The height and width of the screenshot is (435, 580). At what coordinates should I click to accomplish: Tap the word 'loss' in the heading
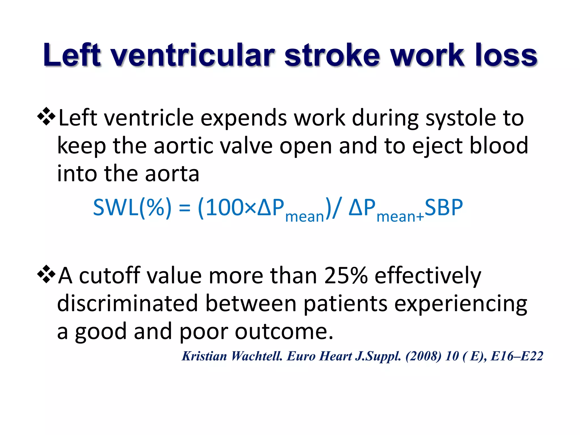pos(506,55)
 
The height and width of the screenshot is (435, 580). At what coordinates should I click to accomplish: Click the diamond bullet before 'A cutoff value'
pos(46,274)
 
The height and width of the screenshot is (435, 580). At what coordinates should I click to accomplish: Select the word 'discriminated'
pos(127,303)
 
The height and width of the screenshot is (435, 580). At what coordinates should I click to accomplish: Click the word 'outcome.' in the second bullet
pos(284,332)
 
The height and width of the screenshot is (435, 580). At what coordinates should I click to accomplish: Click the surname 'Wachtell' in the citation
pos(257,356)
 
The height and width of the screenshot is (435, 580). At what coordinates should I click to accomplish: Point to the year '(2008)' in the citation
pos(423,356)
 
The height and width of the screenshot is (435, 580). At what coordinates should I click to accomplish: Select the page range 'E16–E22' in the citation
pos(517,356)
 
